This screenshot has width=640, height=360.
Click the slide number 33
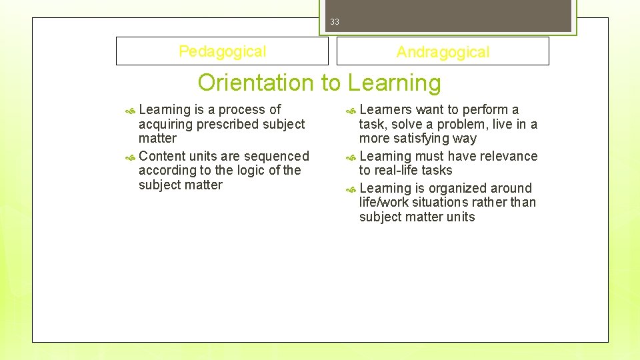pos(335,22)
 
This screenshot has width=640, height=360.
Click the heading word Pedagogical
pos(222,51)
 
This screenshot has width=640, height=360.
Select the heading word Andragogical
pos(443,52)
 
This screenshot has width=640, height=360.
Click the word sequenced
pos(281,156)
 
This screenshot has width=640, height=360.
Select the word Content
pos(162,156)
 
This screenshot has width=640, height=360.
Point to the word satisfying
pos(433,139)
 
